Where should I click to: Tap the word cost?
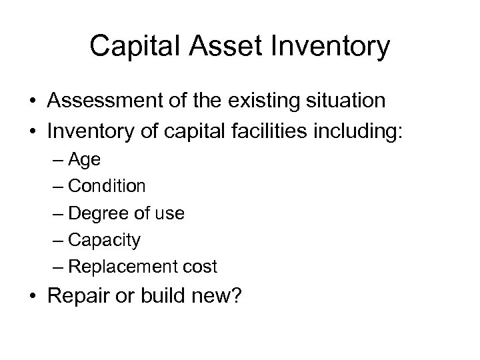point(201,267)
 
